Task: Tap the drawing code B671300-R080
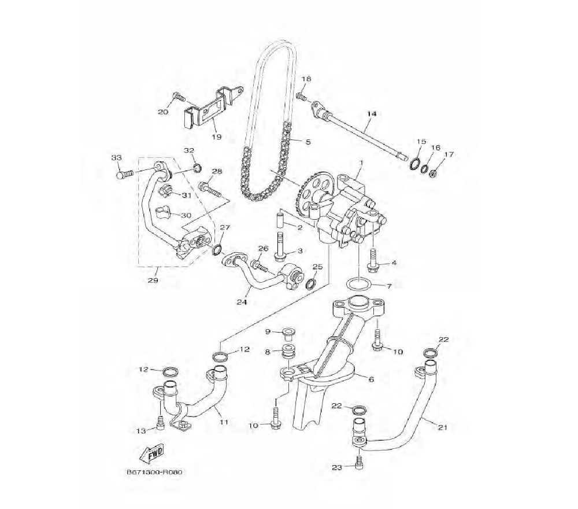[155, 473]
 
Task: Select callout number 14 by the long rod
[372, 114]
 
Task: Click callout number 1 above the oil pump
[361, 163]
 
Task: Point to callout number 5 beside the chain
[308, 142]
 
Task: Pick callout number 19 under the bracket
[217, 137]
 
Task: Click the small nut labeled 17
[434, 172]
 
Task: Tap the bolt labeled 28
[210, 190]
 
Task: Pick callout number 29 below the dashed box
[153, 280]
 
